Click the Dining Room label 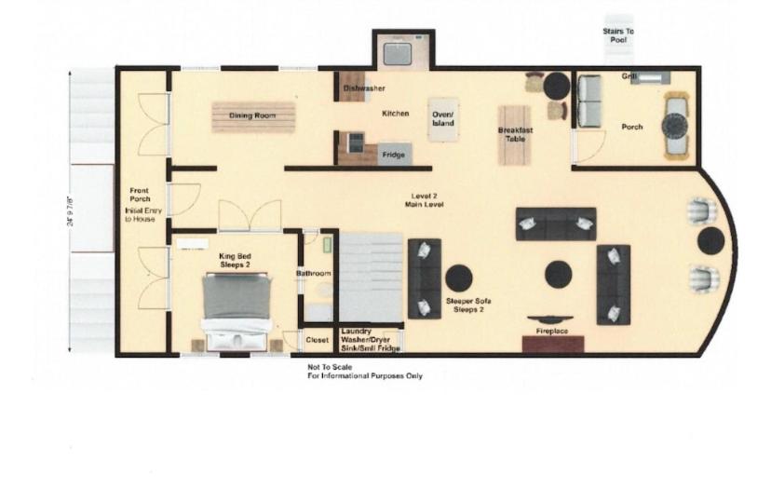[252, 115]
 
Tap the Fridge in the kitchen [395, 154]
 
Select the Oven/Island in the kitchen [443, 119]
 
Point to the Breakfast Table [515, 135]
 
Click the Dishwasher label [364, 88]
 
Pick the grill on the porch [650, 77]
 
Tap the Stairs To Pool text [618, 35]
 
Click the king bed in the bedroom [237, 310]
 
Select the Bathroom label [313, 274]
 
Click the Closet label [318, 340]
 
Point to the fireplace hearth [553, 345]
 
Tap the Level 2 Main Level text [424, 200]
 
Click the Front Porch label [140, 195]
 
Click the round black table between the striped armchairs [711, 241]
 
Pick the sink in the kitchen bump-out [398, 54]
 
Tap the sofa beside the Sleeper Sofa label [425, 279]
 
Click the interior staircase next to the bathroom [372, 278]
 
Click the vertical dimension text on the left [70, 211]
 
